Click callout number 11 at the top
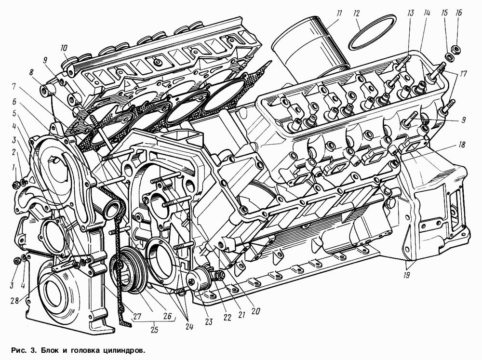click(x=339, y=13)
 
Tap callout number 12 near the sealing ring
click(x=356, y=14)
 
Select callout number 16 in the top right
click(x=459, y=13)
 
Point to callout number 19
click(x=406, y=275)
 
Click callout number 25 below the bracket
click(x=154, y=330)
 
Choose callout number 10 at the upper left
click(x=64, y=48)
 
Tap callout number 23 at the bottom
click(x=209, y=322)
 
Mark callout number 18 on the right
click(x=461, y=144)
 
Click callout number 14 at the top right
click(x=427, y=13)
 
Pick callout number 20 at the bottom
click(x=255, y=311)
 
